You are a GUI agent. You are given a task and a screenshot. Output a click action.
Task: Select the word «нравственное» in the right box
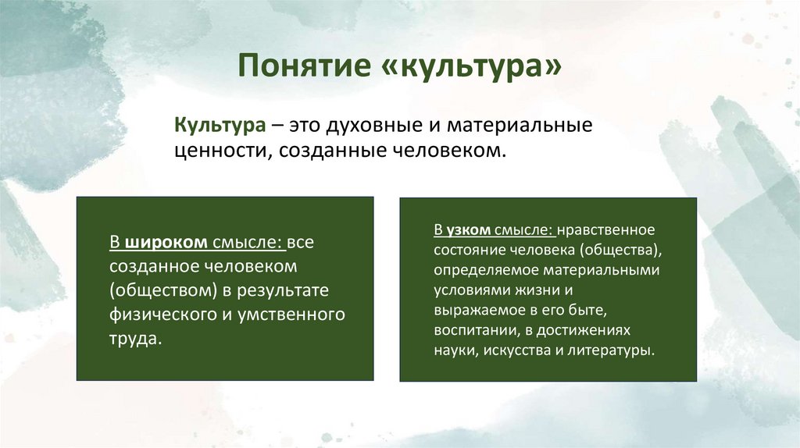[606, 230]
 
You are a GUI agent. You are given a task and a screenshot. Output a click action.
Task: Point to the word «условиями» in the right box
[466, 290]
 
